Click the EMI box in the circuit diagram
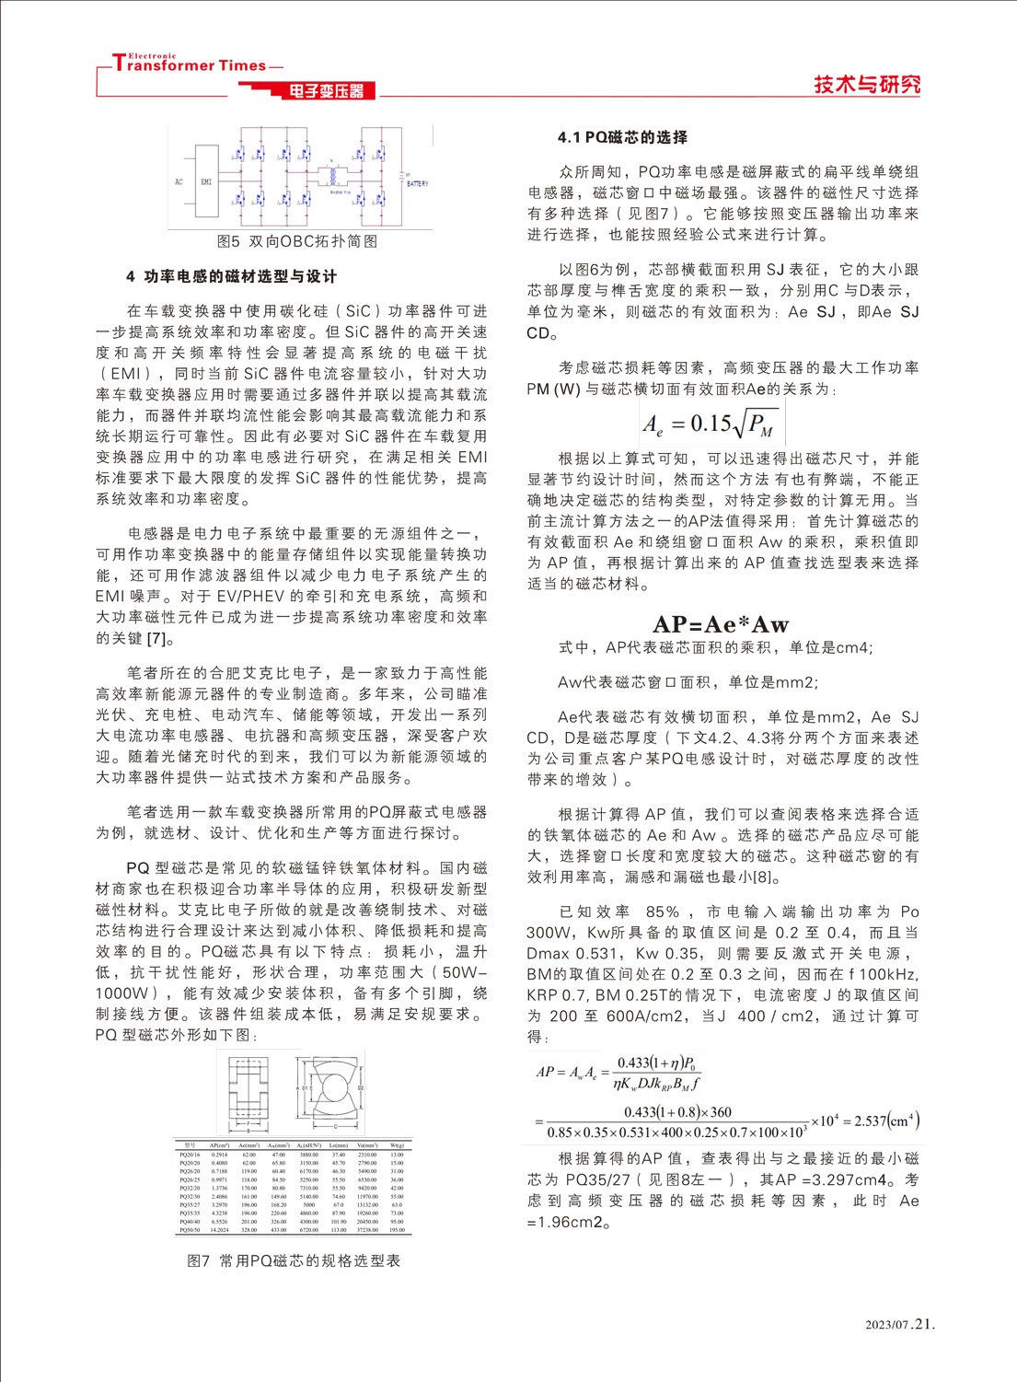[x=206, y=181]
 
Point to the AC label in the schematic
[x=179, y=181]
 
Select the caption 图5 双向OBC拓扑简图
[x=297, y=241]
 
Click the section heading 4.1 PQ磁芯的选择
[x=622, y=137]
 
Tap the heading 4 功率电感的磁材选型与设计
[x=231, y=276]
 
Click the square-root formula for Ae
[x=709, y=424]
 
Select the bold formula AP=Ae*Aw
[x=721, y=624]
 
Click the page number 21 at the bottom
[x=924, y=1324]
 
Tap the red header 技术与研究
[x=866, y=85]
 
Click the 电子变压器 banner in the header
[x=326, y=90]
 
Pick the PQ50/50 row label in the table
[x=190, y=1229]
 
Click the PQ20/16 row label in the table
[x=190, y=1154]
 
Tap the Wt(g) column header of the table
[x=397, y=1144]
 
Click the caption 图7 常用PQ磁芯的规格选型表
[x=294, y=1260]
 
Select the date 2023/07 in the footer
[x=886, y=1325]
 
